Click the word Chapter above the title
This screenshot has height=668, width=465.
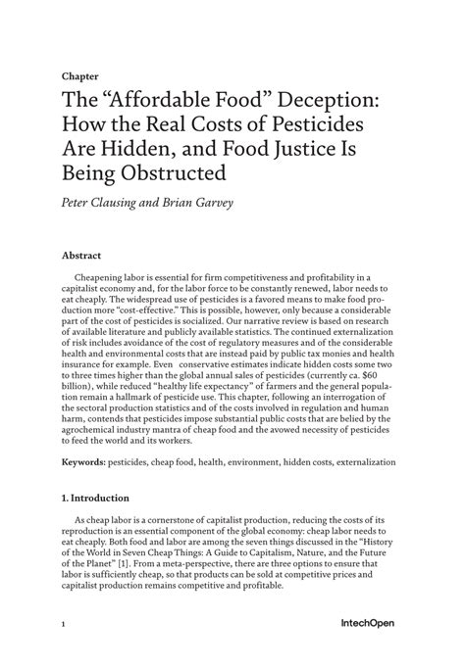(x=79, y=73)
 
